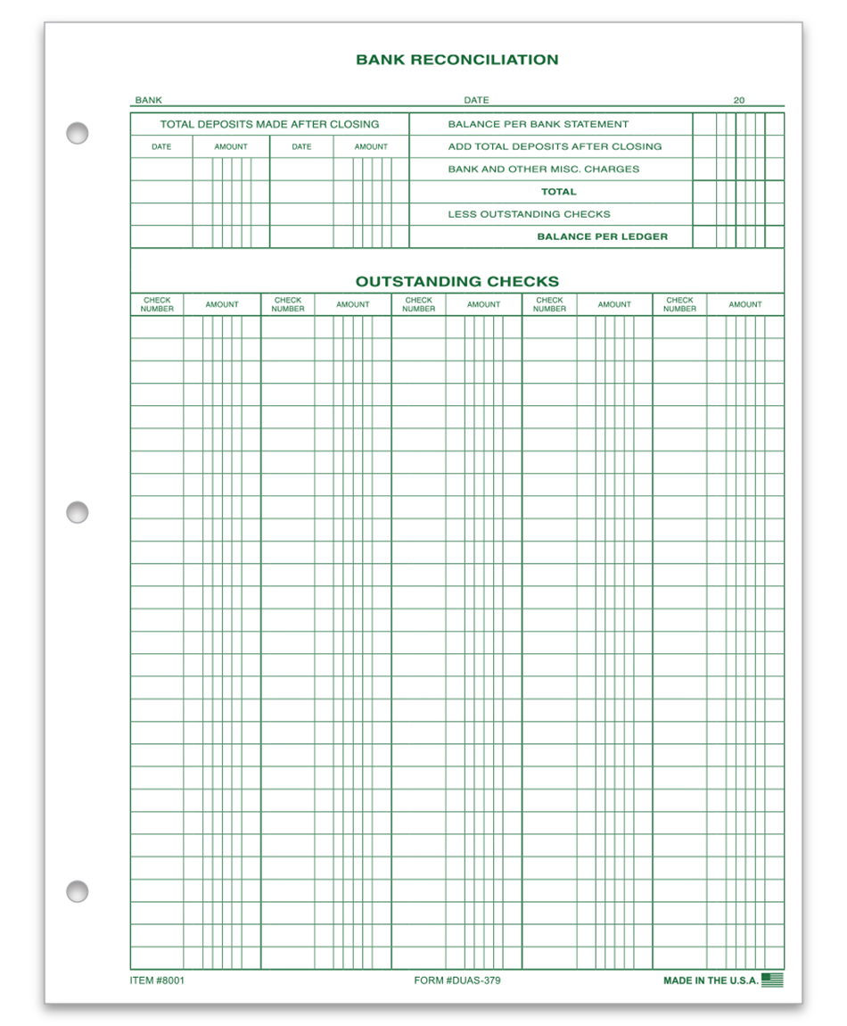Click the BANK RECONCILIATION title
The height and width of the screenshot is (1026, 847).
coord(456,60)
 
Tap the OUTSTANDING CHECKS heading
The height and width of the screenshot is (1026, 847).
coord(456,281)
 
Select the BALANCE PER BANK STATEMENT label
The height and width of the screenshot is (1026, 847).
coord(538,124)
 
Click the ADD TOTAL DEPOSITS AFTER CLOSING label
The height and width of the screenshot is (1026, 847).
coord(555,146)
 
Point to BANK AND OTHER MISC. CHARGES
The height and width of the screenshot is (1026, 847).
coord(543,169)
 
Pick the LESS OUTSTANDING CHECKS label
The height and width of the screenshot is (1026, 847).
coord(529,214)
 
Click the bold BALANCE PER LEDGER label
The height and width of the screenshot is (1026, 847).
coord(602,236)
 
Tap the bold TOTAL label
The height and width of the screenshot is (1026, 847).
coord(558,192)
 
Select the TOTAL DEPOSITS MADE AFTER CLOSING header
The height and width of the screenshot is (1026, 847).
coord(269,124)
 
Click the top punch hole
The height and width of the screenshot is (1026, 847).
coord(78,133)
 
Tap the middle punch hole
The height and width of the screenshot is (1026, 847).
coord(78,512)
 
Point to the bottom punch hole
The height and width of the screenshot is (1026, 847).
coord(78,890)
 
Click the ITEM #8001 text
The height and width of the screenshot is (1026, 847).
coord(157,980)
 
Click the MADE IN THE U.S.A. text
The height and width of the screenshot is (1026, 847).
coord(711,980)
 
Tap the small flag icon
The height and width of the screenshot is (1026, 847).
coord(773,980)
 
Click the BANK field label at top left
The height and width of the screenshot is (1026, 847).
coord(148,101)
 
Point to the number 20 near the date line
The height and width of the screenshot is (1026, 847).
coord(739,101)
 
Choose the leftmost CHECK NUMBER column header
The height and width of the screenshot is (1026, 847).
coord(157,304)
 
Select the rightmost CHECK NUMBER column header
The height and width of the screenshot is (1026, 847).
coord(679,304)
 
